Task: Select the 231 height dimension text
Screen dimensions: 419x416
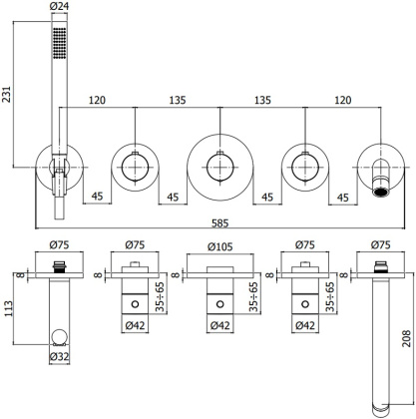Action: (x=8, y=96)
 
